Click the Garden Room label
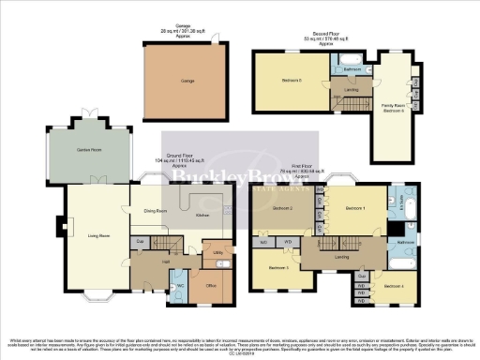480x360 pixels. pos(91,149)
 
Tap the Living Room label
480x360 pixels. pos(90,235)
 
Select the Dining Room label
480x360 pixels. pos(157,211)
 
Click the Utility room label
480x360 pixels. pos(218,254)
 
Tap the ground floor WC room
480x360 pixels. pos(182,285)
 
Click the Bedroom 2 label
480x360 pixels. pos(283,207)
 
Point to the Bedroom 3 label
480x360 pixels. pos(278,269)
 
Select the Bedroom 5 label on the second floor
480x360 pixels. pos(290,82)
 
